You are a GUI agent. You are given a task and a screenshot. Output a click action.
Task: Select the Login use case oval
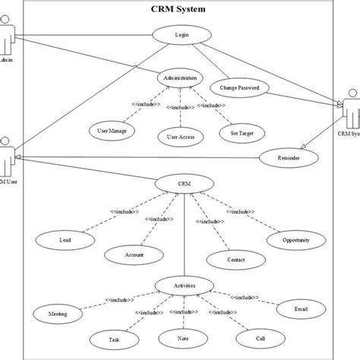[181, 34]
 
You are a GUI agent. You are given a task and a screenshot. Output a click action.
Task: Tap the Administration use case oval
[181, 78]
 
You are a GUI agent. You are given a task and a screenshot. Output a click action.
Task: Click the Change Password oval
[239, 88]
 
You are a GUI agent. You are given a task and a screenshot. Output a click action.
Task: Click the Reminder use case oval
[287, 158]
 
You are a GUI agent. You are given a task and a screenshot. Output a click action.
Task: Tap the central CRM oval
[182, 183]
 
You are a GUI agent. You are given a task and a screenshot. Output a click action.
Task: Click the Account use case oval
[134, 254]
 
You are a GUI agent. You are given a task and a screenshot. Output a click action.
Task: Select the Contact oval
[235, 260]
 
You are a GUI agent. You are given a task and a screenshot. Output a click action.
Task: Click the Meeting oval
[55, 313]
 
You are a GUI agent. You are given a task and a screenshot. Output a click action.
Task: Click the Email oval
[302, 310]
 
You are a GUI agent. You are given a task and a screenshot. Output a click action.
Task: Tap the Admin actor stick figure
[6, 38]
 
